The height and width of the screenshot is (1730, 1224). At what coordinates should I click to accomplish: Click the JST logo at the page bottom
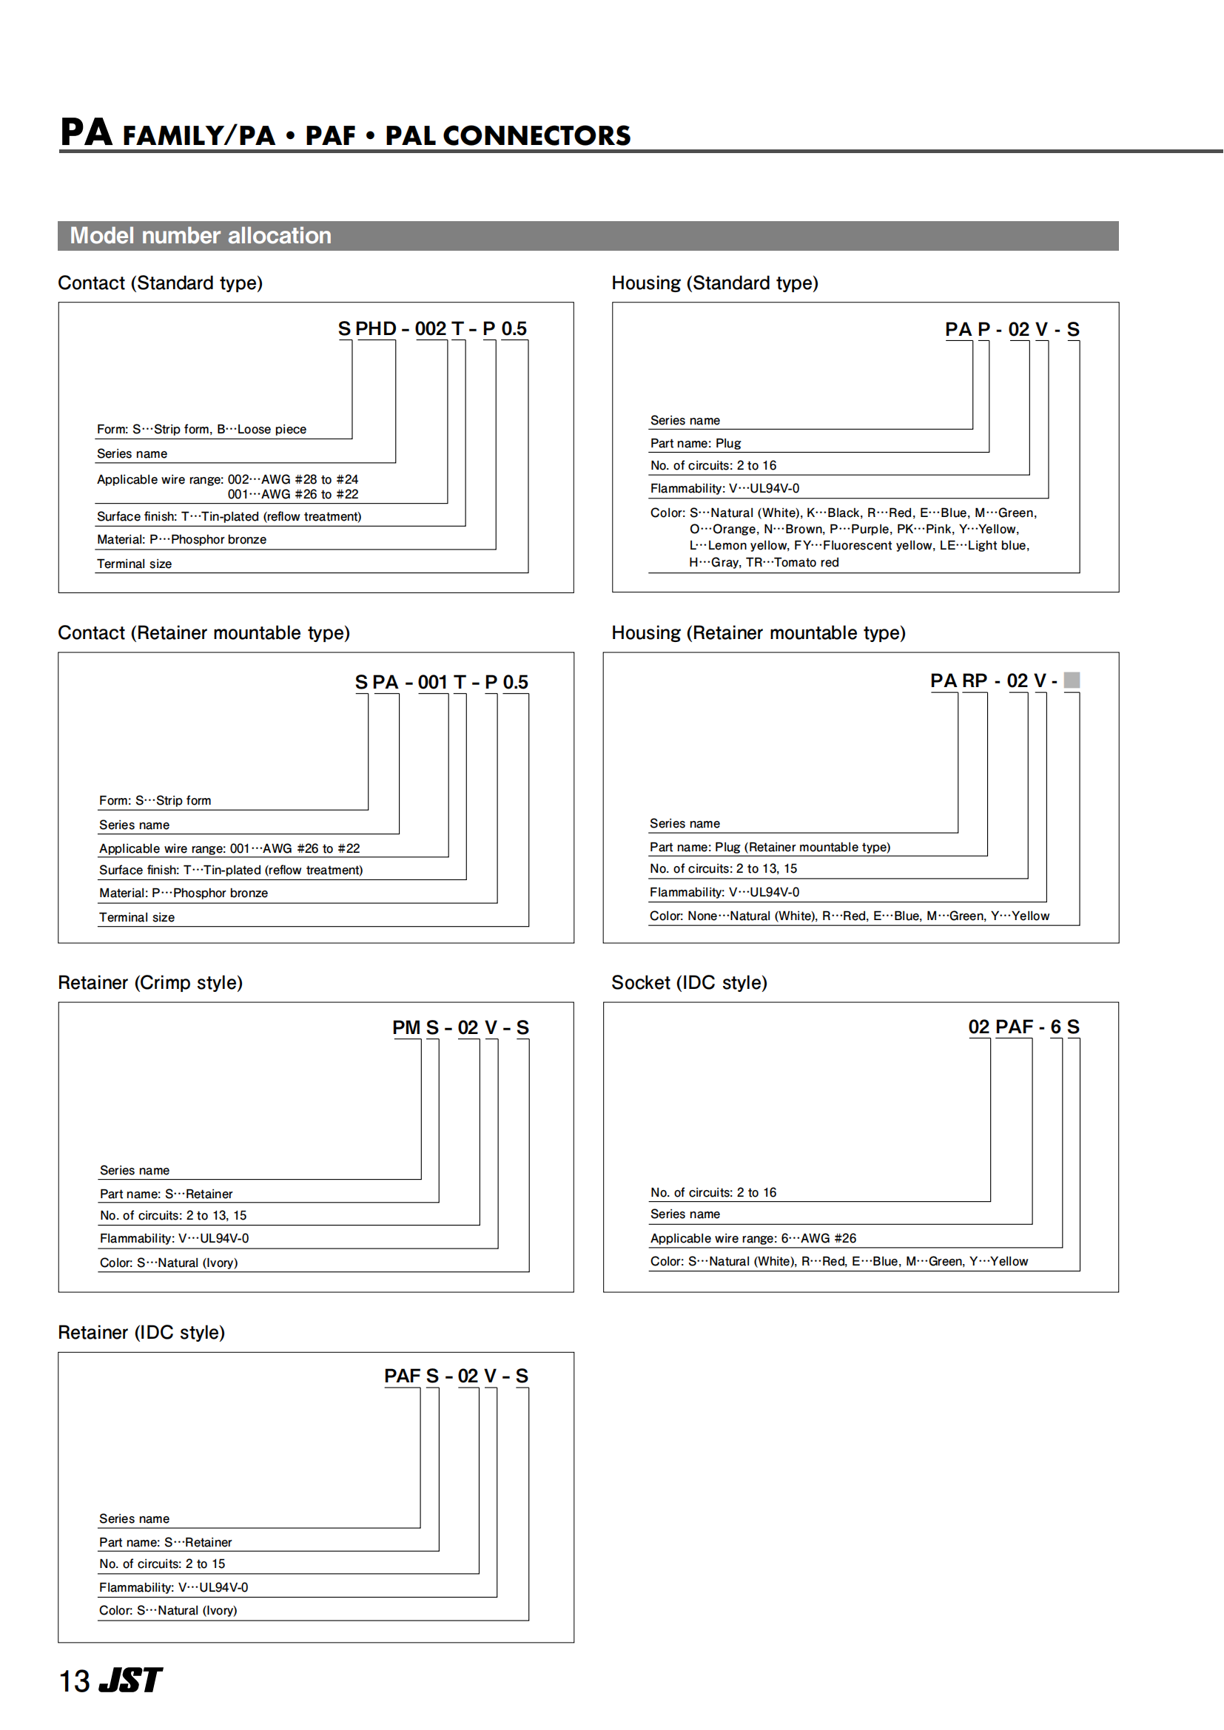coord(131,1680)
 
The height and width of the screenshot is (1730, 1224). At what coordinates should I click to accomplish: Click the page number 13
coord(74,1682)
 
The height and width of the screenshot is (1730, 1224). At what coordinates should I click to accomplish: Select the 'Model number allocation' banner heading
coord(201,236)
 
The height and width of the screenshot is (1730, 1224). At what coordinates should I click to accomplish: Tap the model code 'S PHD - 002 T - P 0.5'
coord(432,328)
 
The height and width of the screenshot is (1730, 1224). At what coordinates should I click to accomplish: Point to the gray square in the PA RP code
coord(1071,680)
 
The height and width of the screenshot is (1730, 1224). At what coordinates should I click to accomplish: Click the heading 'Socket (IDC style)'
coord(689,982)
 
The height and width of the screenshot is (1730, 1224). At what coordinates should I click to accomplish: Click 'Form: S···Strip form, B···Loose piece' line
coord(201,430)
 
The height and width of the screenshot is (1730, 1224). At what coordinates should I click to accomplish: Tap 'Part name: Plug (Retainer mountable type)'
coord(770,847)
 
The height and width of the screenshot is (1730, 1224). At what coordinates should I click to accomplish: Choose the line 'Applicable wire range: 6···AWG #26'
coord(753,1238)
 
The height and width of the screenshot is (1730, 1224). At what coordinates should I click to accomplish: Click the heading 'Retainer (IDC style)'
coord(141,1332)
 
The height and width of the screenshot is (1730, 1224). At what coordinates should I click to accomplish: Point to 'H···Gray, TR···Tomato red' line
coord(764,562)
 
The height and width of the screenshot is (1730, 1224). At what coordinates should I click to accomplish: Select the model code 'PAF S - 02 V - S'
coord(456,1376)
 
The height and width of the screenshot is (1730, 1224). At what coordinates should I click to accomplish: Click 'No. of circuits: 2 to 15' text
coord(162,1564)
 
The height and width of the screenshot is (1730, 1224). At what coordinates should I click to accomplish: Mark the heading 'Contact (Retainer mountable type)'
coord(204,633)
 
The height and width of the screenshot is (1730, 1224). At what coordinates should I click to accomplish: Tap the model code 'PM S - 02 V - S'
coord(460,1027)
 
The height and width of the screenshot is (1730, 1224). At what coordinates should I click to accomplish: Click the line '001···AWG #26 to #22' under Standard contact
coord(293,494)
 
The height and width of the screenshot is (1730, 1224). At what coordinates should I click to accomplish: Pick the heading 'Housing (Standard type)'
coord(715,283)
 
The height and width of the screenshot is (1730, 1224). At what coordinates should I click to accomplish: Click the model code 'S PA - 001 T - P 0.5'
coord(441,682)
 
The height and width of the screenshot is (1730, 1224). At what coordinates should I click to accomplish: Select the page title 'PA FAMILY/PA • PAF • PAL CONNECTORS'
coord(345,133)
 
